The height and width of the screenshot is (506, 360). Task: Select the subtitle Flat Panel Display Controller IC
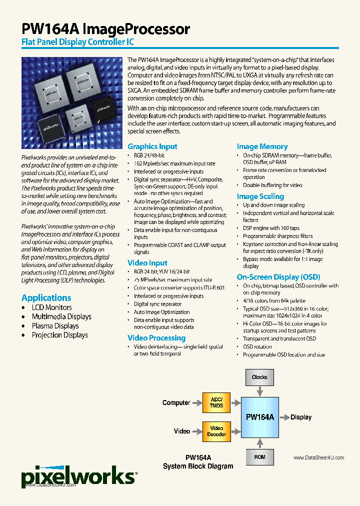77,42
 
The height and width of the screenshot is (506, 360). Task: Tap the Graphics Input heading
152,146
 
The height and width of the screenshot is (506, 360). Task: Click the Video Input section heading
147,263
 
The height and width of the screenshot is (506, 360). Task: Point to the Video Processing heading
156,338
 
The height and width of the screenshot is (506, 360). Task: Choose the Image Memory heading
262,146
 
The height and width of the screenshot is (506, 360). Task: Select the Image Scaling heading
260,196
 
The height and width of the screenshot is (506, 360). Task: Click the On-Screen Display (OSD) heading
278,277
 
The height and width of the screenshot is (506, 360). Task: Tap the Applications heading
46,297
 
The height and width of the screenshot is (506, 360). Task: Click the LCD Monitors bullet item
51,307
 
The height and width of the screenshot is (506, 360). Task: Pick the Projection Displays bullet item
59,335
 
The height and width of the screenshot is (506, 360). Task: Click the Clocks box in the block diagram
259,377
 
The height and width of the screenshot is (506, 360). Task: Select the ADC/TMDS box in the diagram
216,402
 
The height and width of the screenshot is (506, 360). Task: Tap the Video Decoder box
216,431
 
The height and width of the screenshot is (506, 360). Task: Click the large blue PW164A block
259,417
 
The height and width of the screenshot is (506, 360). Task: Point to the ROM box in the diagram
259,457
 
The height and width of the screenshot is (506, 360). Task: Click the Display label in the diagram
301,417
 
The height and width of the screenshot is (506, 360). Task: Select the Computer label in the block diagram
176,402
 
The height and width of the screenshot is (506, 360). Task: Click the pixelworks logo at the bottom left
77,475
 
